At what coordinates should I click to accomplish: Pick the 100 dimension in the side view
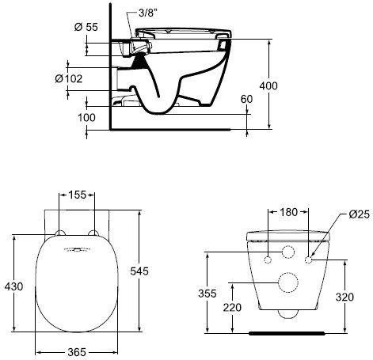click(86, 118)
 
